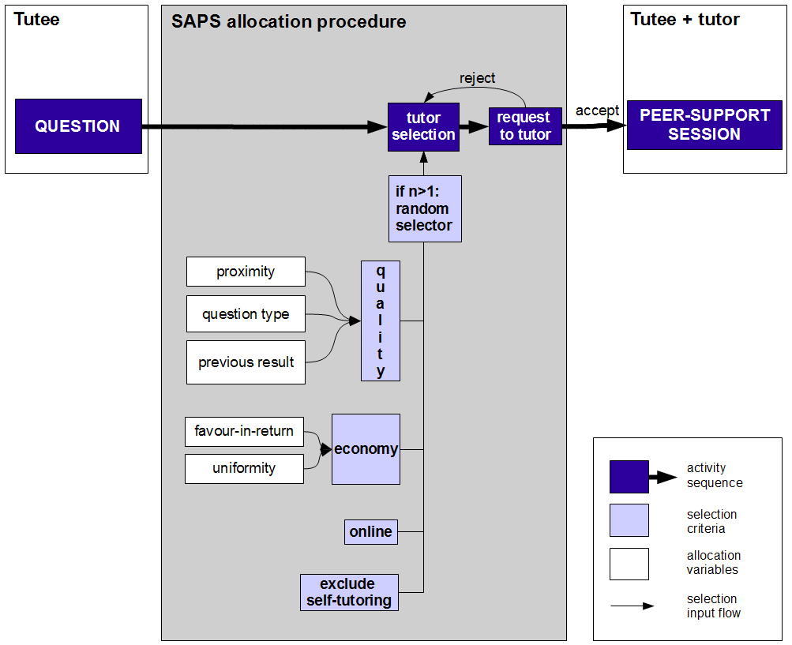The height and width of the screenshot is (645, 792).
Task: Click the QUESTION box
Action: pos(78,126)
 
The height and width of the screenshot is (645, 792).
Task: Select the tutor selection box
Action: pos(424,126)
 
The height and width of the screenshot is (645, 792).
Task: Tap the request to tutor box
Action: pos(525,126)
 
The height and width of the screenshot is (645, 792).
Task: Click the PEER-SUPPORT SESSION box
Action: pos(704,125)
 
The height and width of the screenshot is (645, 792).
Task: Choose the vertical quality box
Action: pos(381,321)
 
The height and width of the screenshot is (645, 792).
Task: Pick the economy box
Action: pos(366,449)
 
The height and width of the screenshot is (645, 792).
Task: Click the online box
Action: pos(370,532)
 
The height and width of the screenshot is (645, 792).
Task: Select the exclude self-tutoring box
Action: pos(349,592)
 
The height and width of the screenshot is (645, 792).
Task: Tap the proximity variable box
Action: pos(246,272)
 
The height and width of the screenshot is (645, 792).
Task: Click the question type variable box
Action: pos(246,314)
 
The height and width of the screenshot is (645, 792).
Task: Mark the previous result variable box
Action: pos(246,362)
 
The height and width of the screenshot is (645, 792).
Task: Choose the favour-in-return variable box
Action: pos(244,431)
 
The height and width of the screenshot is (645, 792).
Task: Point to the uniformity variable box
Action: pos(244,468)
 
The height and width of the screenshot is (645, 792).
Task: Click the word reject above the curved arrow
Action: pos(478,78)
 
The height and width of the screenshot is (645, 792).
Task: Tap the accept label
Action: pos(597,111)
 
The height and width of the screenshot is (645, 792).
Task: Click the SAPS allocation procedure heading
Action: pos(289,22)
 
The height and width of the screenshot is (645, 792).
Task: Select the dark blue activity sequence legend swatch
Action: pos(629,476)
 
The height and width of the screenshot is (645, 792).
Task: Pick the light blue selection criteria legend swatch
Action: pos(629,520)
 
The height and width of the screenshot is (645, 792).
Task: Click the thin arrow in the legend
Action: pos(632,606)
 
